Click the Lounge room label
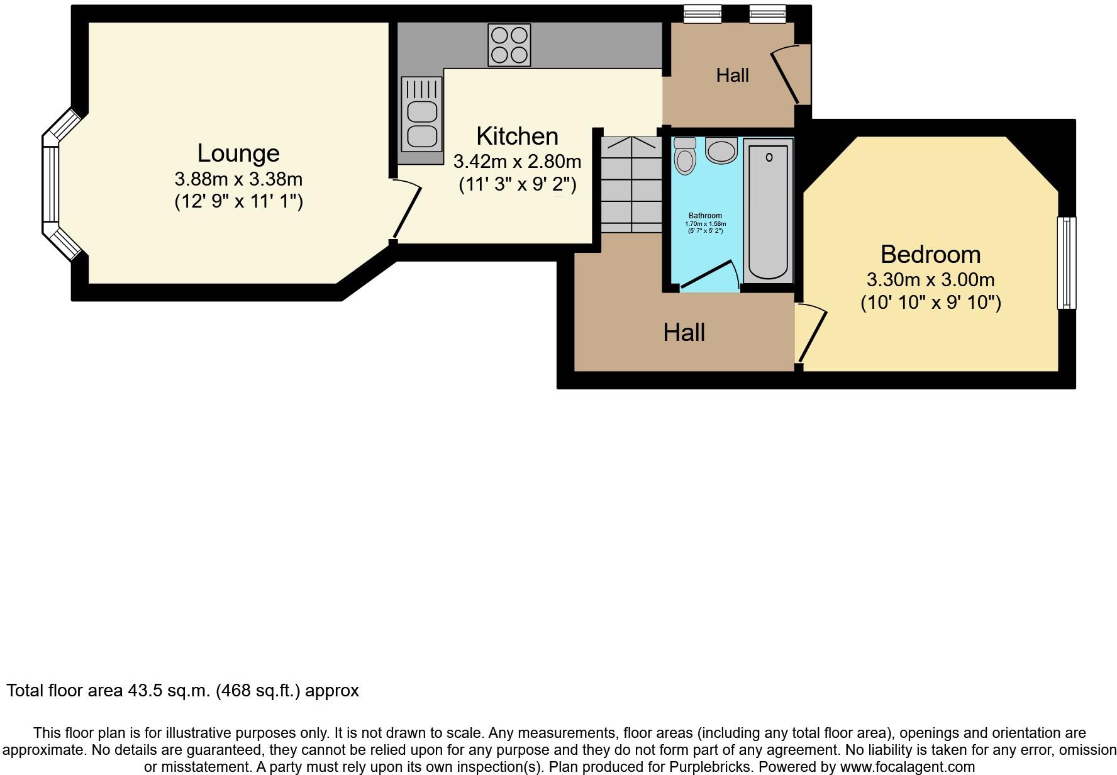point(238,153)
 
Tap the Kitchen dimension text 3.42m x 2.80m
point(517,162)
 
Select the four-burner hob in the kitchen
point(509,45)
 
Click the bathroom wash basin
point(721,151)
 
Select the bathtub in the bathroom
point(768,211)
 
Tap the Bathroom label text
point(705,216)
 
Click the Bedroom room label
point(930,254)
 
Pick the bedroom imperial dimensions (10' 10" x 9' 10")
point(930,303)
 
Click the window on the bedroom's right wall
point(1066,263)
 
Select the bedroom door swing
point(811,333)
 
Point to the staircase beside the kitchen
point(631,185)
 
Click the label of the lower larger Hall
point(684,332)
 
